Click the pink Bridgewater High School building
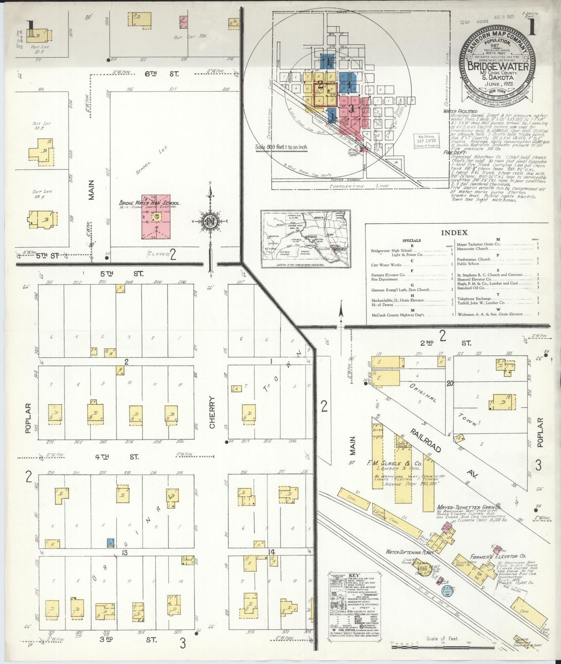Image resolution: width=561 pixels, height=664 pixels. (x=155, y=216)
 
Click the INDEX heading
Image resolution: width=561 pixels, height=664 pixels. (x=454, y=233)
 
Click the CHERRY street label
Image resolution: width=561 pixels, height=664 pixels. (x=212, y=412)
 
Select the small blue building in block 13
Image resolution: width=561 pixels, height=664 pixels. (x=111, y=542)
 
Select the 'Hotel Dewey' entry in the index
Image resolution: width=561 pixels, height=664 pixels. (x=383, y=305)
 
